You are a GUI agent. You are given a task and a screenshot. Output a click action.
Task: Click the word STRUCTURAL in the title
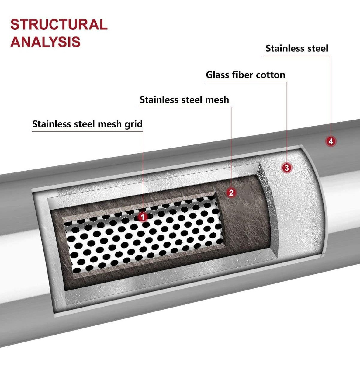[x=59, y=25]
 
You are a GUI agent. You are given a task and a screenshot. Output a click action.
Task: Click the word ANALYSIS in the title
[x=46, y=42]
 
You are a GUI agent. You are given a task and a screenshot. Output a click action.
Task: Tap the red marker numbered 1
[x=142, y=217]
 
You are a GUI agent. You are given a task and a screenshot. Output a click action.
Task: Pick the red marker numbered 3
[x=286, y=167]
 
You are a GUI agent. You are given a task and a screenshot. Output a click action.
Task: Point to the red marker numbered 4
[x=331, y=141]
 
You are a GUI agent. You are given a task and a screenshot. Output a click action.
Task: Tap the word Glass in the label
[x=217, y=75]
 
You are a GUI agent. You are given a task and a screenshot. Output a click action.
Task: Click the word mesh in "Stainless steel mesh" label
[x=217, y=100]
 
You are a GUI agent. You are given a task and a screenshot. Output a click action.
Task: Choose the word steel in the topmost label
[x=317, y=48]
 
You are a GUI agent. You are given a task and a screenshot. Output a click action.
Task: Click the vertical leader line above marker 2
[x=231, y=146]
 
